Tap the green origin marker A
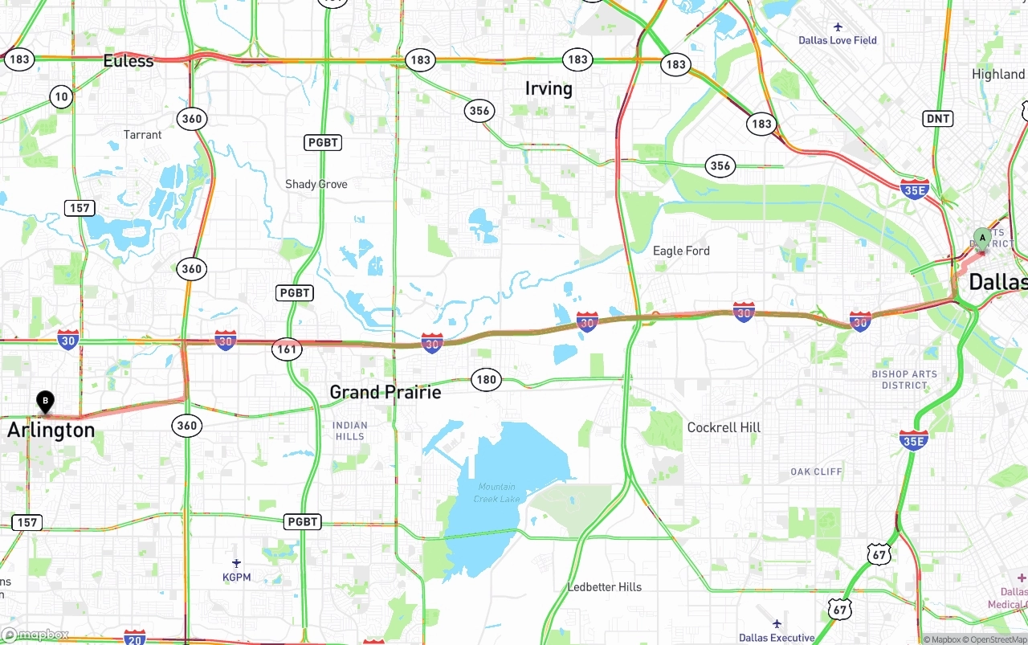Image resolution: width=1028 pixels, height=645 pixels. (x=981, y=238)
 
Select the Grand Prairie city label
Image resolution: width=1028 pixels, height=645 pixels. (x=385, y=392)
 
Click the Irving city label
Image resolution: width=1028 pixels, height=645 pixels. (x=549, y=88)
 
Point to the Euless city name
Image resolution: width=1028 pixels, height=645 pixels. (x=128, y=61)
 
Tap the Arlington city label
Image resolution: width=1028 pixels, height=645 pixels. (x=51, y=431)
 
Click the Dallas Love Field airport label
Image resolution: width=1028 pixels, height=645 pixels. (x=838, y=39)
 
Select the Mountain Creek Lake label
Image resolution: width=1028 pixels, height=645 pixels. (x=498, y=493)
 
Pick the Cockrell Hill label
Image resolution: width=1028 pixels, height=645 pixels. (x=724, y=427)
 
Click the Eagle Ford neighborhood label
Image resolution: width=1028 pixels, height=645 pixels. (x=681, y=251)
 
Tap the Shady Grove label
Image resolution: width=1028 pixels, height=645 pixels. (x=316, y=184)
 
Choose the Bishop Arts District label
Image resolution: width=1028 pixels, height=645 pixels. (x=904, y=379)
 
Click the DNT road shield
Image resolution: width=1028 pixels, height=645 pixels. (x=938, y=119)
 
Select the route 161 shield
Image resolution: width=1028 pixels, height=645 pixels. (x=287, y=349)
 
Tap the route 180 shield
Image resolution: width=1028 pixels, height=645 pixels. (x=487, y=380)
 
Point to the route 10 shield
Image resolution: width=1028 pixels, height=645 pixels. (x=61, y=97)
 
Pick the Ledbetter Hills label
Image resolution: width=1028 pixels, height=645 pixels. (x=605, y=587)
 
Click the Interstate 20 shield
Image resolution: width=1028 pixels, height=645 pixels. (x=135, y=637)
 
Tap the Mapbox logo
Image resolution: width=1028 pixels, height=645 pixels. (x=35, y=635)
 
